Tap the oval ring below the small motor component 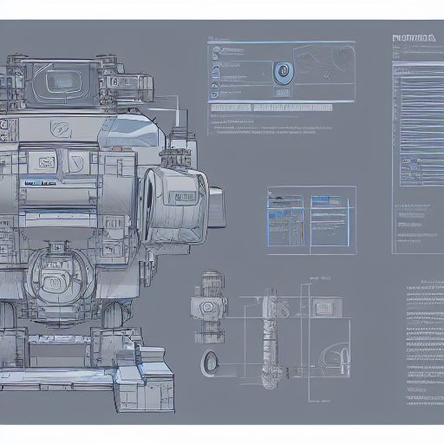(209, 362)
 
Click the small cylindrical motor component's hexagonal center (209, 308)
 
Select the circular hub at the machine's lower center (54, 281)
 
